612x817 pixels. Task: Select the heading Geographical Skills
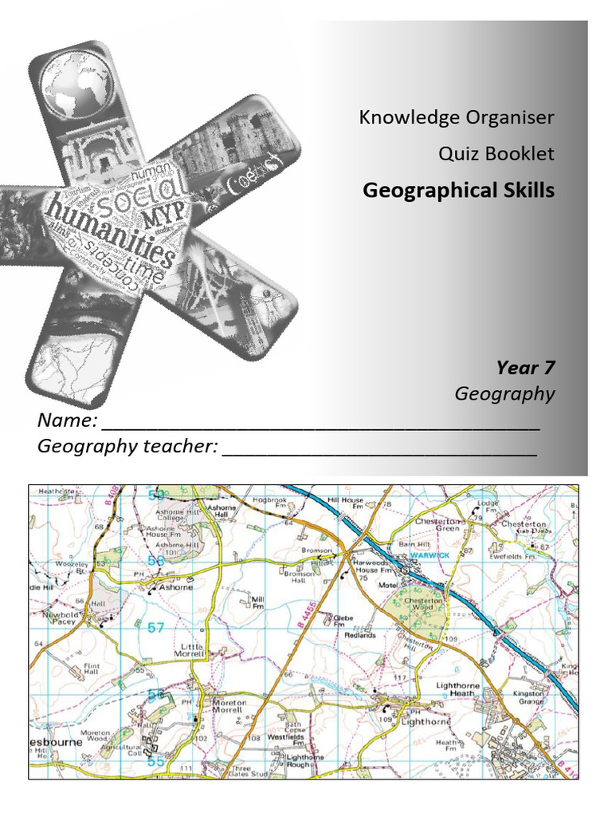(458, 191)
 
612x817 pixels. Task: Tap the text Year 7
(525, 368)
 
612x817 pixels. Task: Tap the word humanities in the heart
(111, 231)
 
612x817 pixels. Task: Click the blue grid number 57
(155, 628)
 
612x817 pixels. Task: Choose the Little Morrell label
(193, 649)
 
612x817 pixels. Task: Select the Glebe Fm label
(343, 620)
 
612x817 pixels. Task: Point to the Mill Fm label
(257, 602)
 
